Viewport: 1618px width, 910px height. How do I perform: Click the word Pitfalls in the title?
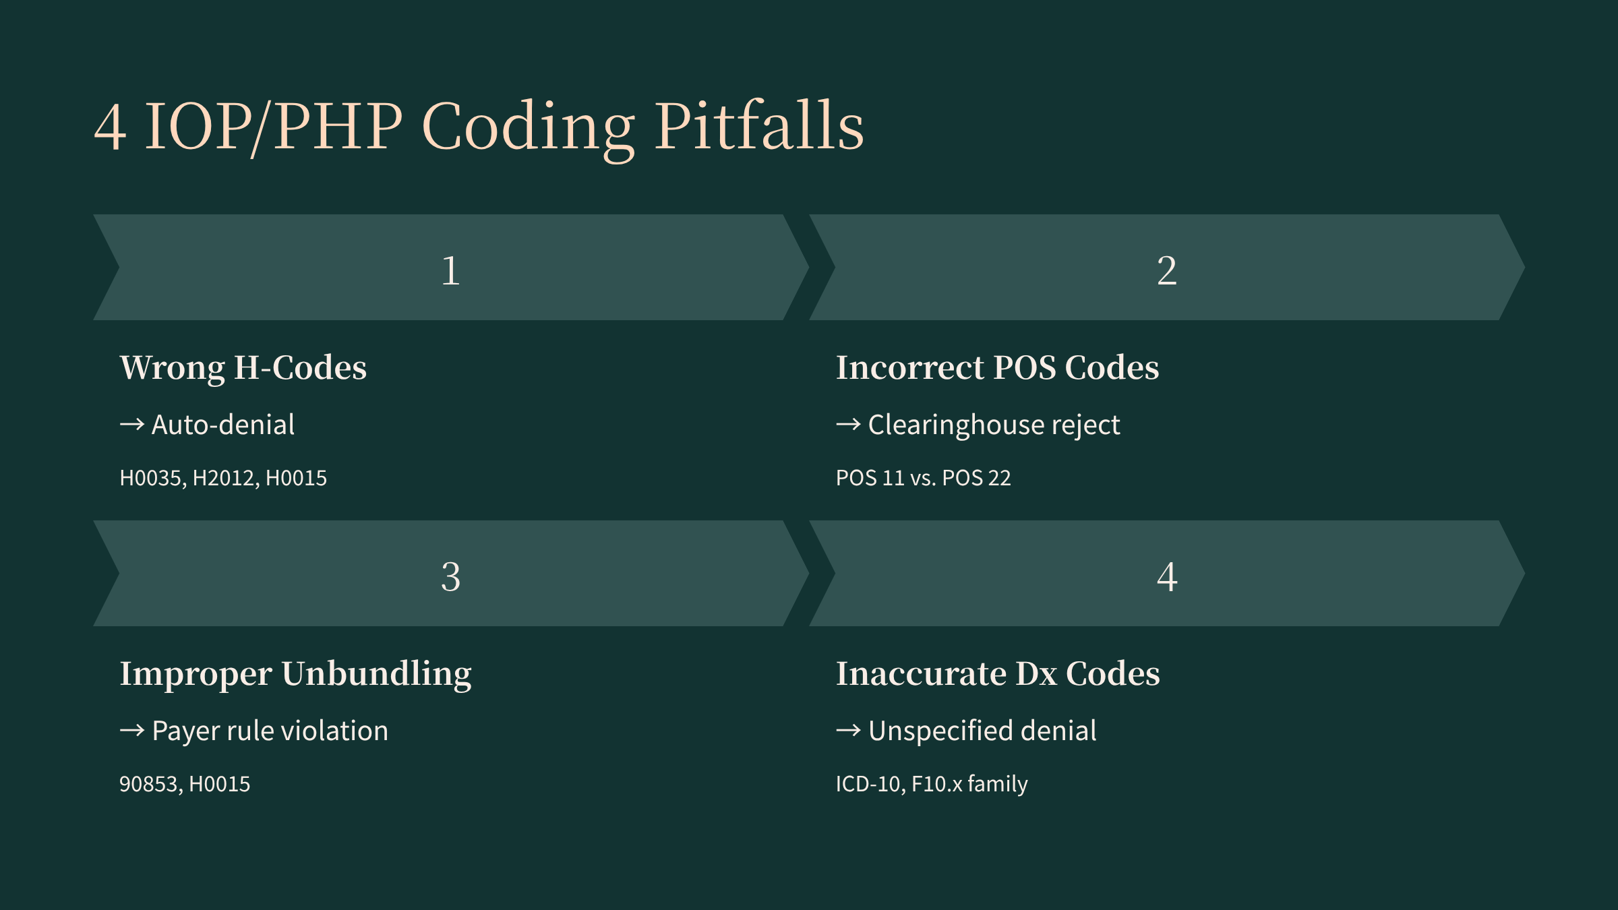(760, 125)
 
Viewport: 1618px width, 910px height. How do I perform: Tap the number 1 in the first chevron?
(451, 271)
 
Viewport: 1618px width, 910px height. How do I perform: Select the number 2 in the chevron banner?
(1167, 271)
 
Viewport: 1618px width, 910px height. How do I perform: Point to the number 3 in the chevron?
(451, 577)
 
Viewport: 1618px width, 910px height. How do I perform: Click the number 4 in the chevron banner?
(1167, 577)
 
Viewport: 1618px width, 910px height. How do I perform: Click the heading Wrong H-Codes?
(243, 368)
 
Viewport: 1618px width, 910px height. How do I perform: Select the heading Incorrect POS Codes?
(998, 368)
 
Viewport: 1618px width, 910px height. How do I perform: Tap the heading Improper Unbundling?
(296, 674)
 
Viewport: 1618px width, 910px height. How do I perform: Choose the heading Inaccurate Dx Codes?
(998, 674)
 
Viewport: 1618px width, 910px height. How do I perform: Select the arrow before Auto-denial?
(132, 425)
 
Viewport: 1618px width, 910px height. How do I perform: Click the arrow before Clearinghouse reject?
(849, 425)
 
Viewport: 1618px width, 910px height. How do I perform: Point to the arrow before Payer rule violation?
(132, 731)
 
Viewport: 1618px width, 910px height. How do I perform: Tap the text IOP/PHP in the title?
(274, 127)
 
